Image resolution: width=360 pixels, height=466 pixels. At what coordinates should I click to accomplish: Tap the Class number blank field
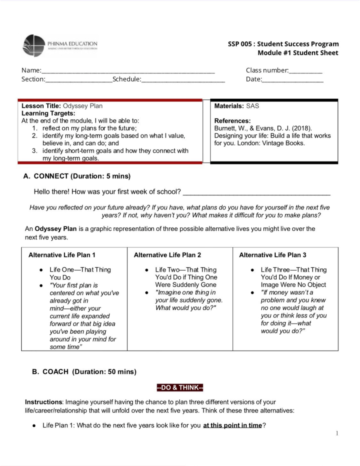(305, 72)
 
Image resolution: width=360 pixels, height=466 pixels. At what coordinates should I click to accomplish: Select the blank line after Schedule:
(183, 81)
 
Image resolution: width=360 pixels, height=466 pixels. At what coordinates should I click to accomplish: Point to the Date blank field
(292, 81)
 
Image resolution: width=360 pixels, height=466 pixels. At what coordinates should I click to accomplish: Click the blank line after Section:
(79, 81)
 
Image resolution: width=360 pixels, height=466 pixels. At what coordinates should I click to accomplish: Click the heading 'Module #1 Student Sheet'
(298, 53)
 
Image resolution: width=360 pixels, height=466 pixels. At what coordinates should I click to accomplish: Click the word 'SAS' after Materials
(252, 106)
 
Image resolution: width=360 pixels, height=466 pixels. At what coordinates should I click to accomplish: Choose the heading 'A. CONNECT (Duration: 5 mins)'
(77, 176)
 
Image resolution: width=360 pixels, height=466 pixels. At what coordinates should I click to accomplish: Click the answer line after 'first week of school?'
(256, 194)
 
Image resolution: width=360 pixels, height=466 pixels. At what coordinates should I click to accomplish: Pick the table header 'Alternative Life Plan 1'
(62, 255)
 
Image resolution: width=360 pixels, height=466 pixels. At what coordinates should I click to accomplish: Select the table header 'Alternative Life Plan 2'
(167, 255)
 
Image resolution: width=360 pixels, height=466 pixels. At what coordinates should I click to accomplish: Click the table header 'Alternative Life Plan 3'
(273, 255)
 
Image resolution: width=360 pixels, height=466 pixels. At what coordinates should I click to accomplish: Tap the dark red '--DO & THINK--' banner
(180, 388)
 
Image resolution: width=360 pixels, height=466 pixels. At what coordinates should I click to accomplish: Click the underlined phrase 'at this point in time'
(232, 425)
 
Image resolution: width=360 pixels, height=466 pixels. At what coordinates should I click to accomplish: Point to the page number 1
(337, 433)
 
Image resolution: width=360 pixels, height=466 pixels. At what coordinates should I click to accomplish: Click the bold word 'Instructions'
(43, 402)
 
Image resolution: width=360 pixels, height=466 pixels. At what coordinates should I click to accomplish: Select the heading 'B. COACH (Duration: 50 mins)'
(84, 372)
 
